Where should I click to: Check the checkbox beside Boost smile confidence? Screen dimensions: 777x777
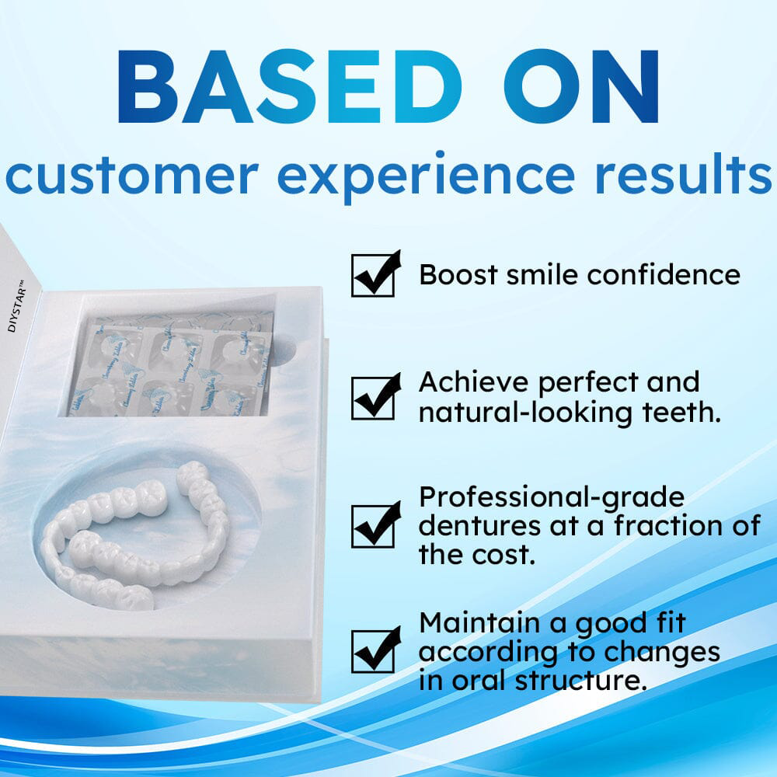(x=374, y=275)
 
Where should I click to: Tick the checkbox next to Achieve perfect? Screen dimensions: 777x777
(x=374, y=398)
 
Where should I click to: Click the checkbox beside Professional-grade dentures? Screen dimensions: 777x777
(x=374, y=526)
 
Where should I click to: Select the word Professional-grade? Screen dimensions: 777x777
(x=552, y=497)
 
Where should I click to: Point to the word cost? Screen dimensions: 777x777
(x=508, y=555)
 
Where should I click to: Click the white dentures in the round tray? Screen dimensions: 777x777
(x=140, y=536)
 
